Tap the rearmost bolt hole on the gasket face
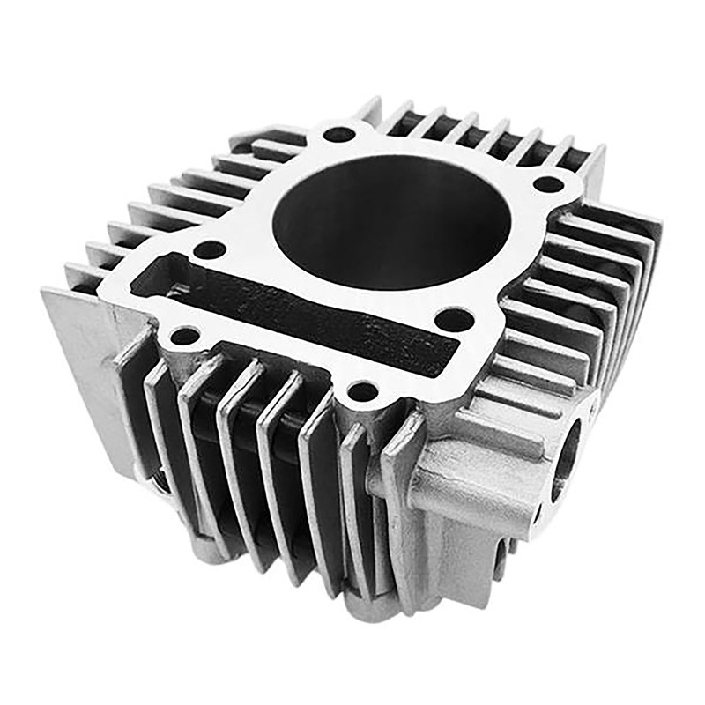(x=339, y=135)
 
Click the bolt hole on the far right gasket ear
(x=548, y=184)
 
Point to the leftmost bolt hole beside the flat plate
(x=184, y=335)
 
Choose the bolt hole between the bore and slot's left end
(x=209, y=249)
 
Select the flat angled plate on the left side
(x=84, y=370)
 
